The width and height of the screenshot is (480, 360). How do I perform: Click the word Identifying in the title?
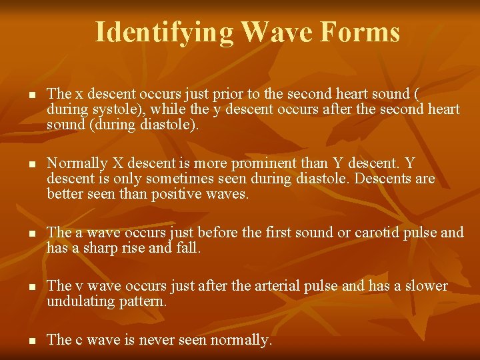[164, 31]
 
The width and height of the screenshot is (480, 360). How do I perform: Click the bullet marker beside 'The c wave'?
[31, 341]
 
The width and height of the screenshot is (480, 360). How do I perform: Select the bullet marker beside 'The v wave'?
[31, 287]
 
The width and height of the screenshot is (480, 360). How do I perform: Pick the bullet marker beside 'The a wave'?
[31, 234]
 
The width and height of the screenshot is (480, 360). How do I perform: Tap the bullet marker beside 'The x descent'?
[31, 95]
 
